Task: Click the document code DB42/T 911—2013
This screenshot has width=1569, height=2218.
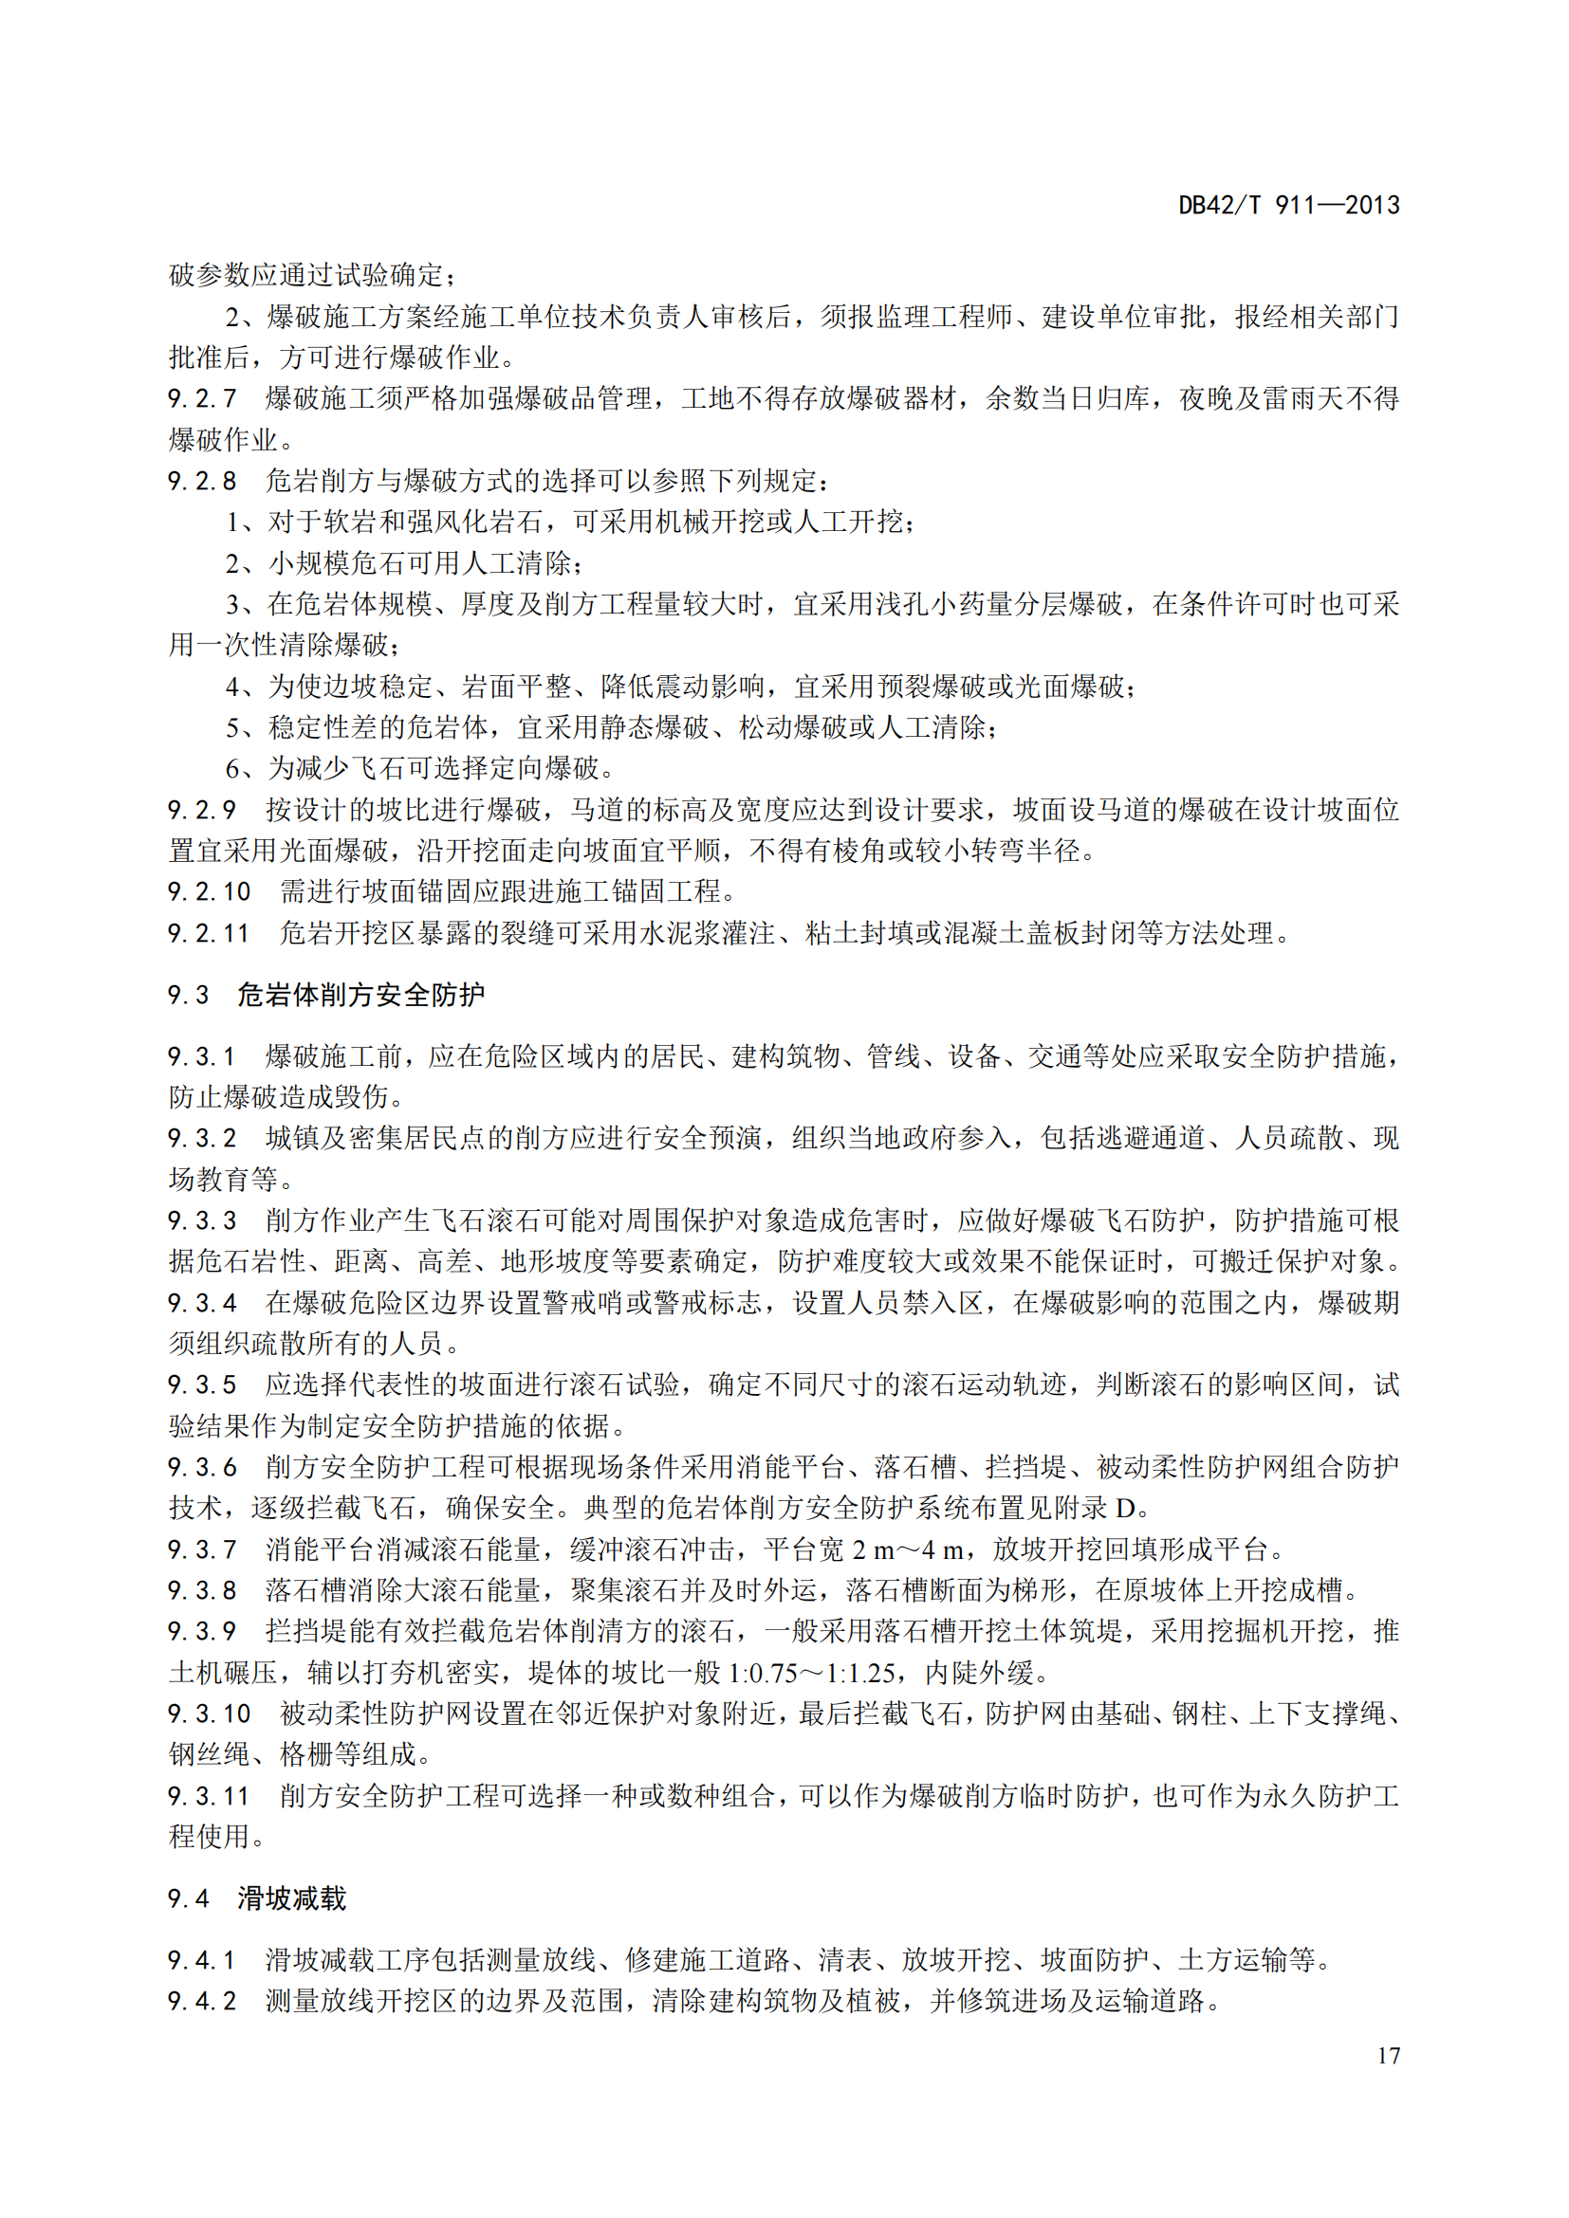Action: pyautogui.click(x=1288, y=206)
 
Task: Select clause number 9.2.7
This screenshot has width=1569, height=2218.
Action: pyautogui.click(x=202, y=398)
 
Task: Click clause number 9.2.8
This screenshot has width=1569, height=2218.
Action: pyautogui.click(x=202, y=480)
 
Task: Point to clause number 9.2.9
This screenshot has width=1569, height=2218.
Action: pyautogui.click(x=202, y=810)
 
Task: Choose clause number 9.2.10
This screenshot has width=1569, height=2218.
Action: pyautogui.click(x=209, y=891)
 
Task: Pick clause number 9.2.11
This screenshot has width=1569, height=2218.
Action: pyautogui.click(x=209, y=933)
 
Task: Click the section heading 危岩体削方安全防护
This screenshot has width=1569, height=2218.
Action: pyautogui.click(x=360, y=995)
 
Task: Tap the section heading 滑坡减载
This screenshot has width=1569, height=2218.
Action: pyautogui.click(x=292, y=1898)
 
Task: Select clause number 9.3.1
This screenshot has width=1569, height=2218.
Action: pyautogui.click(x=202, y=1056)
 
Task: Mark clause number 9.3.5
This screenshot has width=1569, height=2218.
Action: pyautogui.click(x=202, y=1385)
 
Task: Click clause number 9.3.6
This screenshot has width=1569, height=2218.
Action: pyautogui.click(x=202, y=1467)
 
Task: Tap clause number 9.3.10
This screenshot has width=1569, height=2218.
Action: pyautogui.click(x=209, y=1714)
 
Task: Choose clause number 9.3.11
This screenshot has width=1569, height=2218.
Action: pyautogui.click(x=209, y=1796)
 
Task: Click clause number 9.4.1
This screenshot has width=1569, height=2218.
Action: pyautogui.click(x=202, y=1960)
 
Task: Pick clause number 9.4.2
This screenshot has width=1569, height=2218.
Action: pyautogui.click(x=202, y=2001)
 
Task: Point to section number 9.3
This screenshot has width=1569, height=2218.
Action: pyautogui.click(x=189, y=995)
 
